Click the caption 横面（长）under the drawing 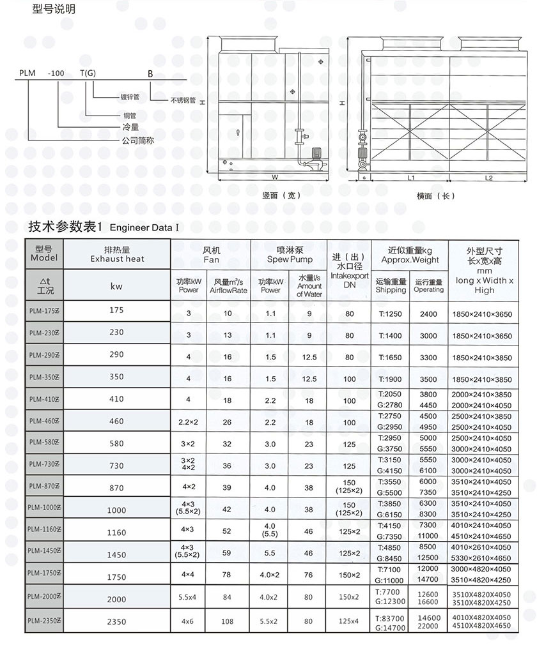click(435, 195)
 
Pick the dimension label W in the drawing click(274, 177)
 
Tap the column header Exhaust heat click(117, 259)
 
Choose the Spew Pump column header click(290, 259)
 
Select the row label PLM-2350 click(44, 619)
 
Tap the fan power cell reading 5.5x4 click(188, 598)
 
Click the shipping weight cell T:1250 click(391, 314)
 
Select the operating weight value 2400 click(428, 314)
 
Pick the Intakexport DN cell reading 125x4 click(349, 620)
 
